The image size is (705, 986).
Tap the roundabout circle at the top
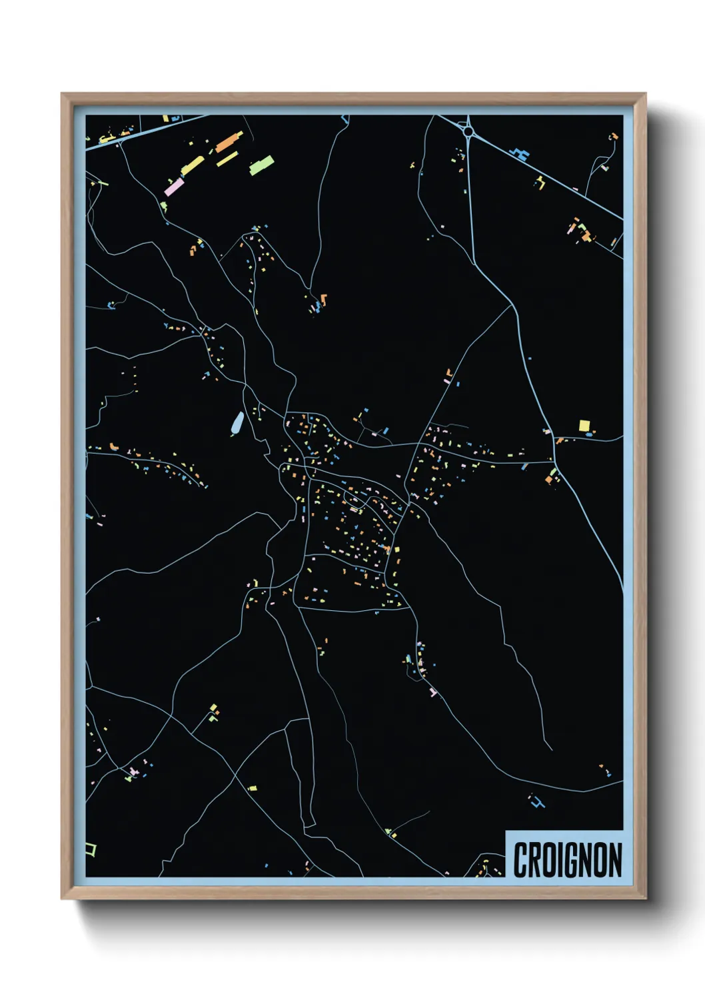468,132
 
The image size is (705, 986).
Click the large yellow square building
584,425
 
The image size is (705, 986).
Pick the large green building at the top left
261,165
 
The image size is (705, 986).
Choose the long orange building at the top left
229,141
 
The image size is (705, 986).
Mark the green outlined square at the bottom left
91,849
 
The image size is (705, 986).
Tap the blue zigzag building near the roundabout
520,155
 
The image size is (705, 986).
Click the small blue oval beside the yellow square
590,434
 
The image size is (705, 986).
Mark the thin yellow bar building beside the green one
228,159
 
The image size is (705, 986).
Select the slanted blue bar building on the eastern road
525,466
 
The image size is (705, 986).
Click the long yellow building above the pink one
193,165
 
